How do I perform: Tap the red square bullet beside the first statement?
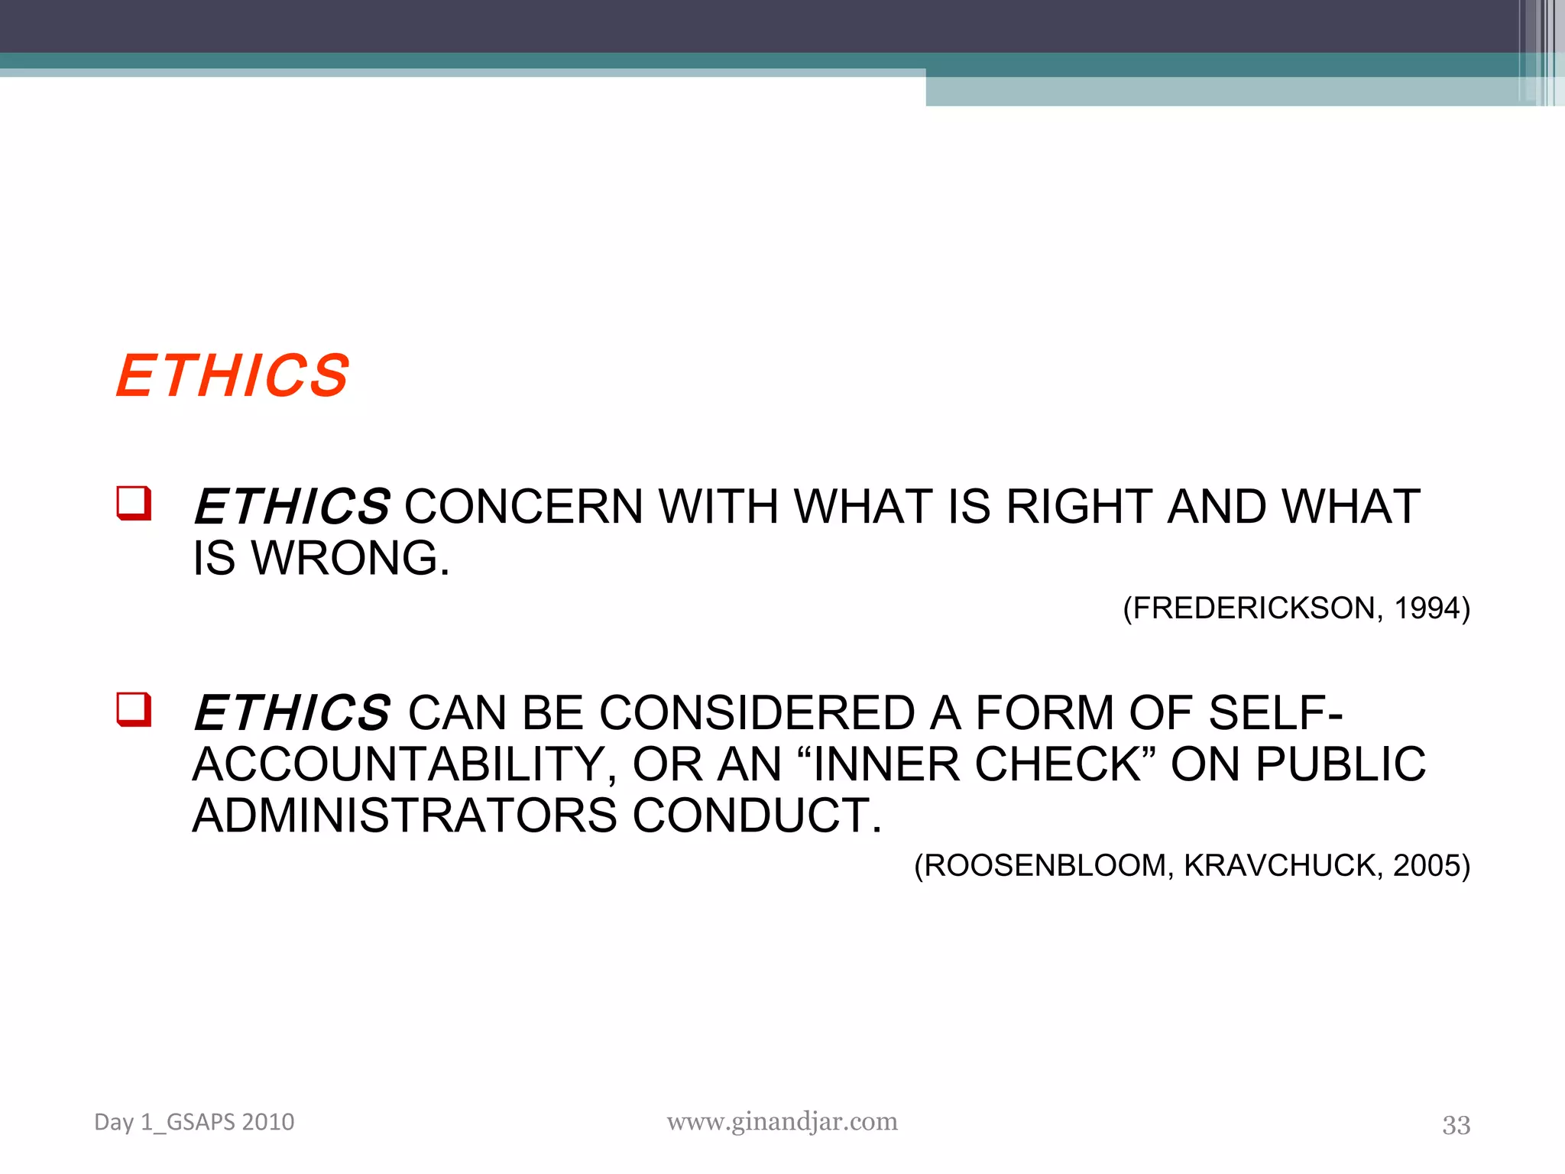click(x=134, y=503)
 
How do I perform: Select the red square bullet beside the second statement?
click(x=134, y=709)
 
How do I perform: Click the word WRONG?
click(x=351, y=558)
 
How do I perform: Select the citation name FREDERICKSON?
click(x=1254, y=608)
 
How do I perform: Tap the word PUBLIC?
click(x=1340, y=764)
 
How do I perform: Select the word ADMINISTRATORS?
click(x=404, y=816)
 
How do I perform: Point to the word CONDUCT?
click(x=757, y=816)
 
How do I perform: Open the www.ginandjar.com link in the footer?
click(x=782, y=1121)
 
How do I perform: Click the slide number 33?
click(x=1456, y=1125)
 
